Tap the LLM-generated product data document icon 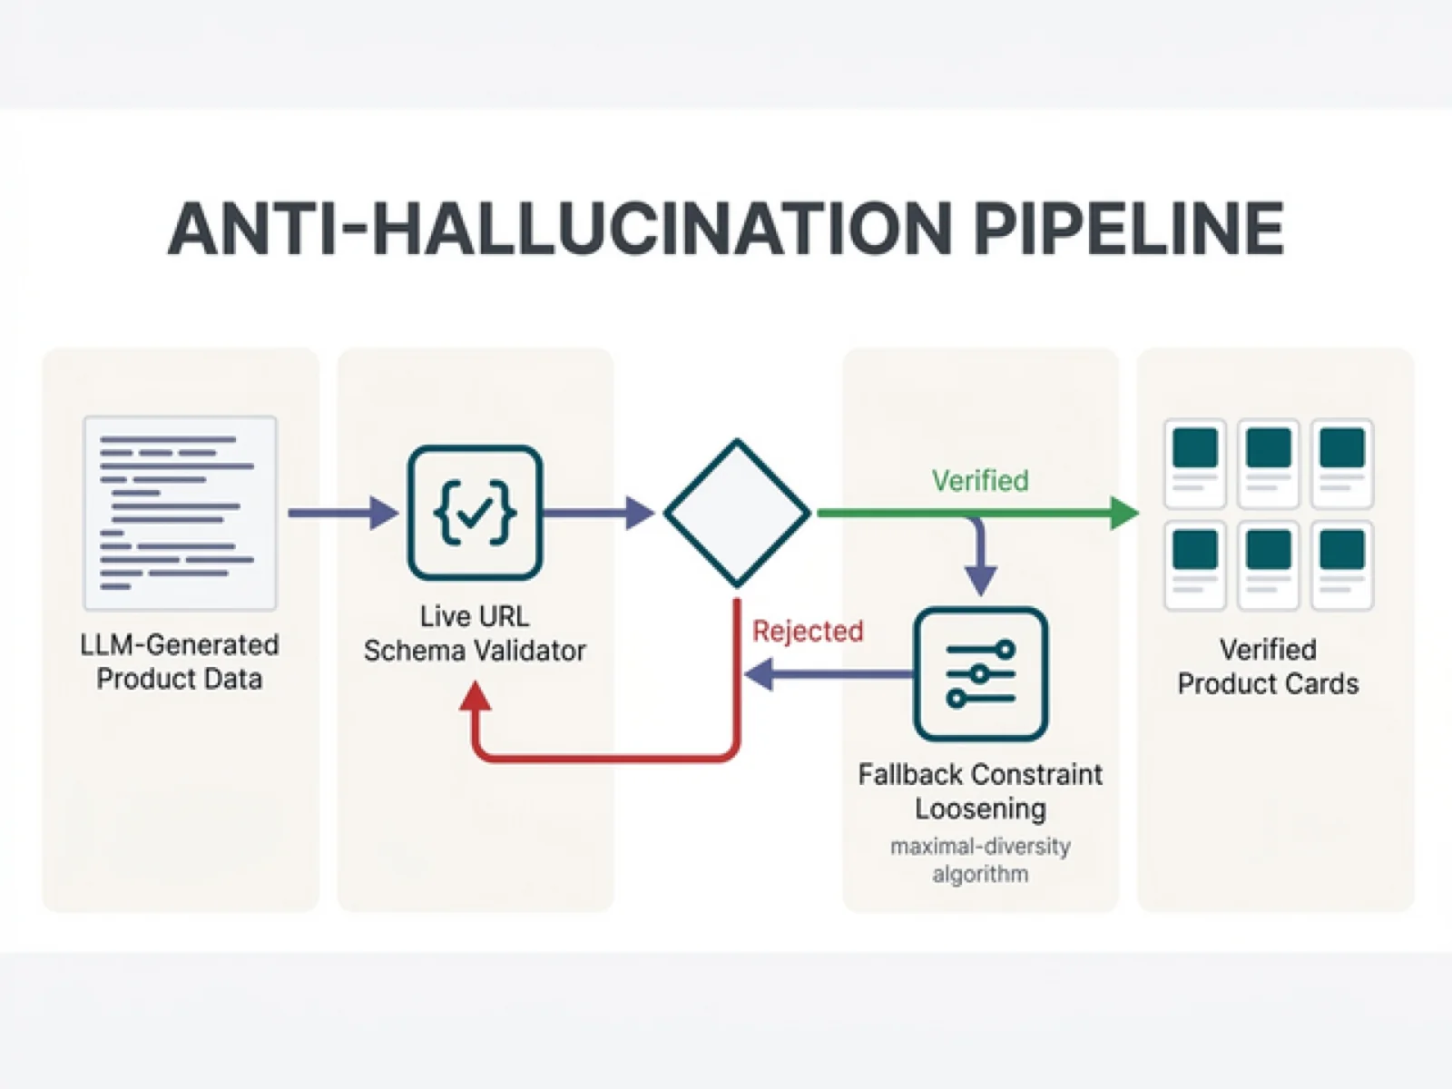pyautogui.click(x=180, y=513)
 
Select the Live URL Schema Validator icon pyautogui.click(x=475, y=513)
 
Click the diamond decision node pyautogui.click(x=737, y=513)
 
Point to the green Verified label pyautogui.click(x=980, y=480)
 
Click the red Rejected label pyautogui.click(x=808, y=631)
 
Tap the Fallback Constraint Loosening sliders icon pyautogui.click(x=980, y=674)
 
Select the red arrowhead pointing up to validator pyautogui.click(x=475, y=697)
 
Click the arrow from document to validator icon pyautogui.click(x=343, y=513)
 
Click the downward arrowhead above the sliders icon pyautogui.click(x=980, y=578)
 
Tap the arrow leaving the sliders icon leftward pyautogui.click(x=826, y=674)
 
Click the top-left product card pyautogui.click(x=1194, y=463)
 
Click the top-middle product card pyautogui.click(x=1268, y=463)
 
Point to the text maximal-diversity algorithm pyautogui.click(x=980, y=859)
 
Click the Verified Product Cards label pyautogui.click(x=1268, y=666)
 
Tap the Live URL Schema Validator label pyautogui.click(x=475, y=633)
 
